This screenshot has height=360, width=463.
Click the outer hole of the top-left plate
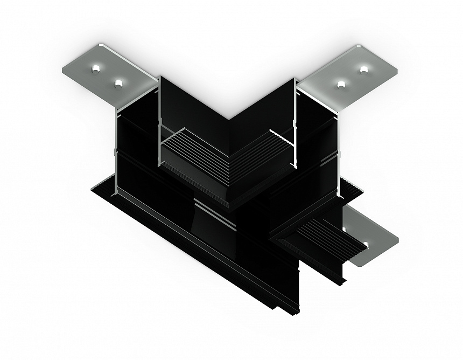[95, 67]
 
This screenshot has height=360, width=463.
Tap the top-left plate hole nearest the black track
[118, 84]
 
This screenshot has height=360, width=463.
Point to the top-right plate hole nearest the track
[341, 84]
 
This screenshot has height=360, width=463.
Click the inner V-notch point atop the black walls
[228, 119]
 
